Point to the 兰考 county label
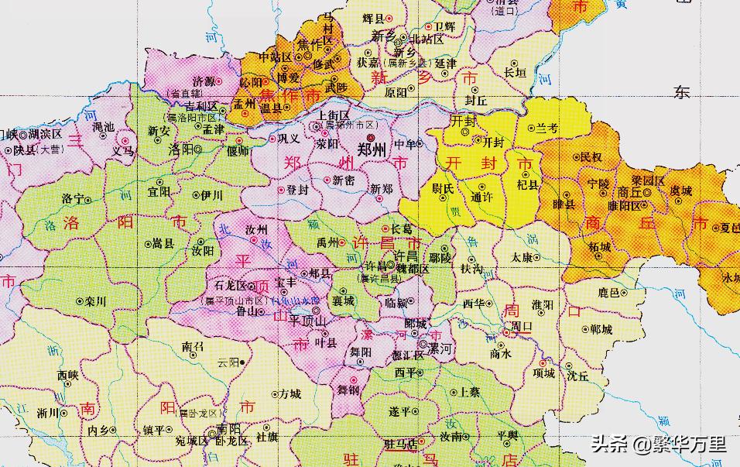(546, 128)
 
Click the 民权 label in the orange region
(591, 157)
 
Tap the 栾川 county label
(95, 301)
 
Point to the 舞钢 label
(348, 390)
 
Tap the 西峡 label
(67, 375)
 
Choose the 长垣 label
(515, 73)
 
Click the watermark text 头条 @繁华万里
(659, 444)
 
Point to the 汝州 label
(255, 231)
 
